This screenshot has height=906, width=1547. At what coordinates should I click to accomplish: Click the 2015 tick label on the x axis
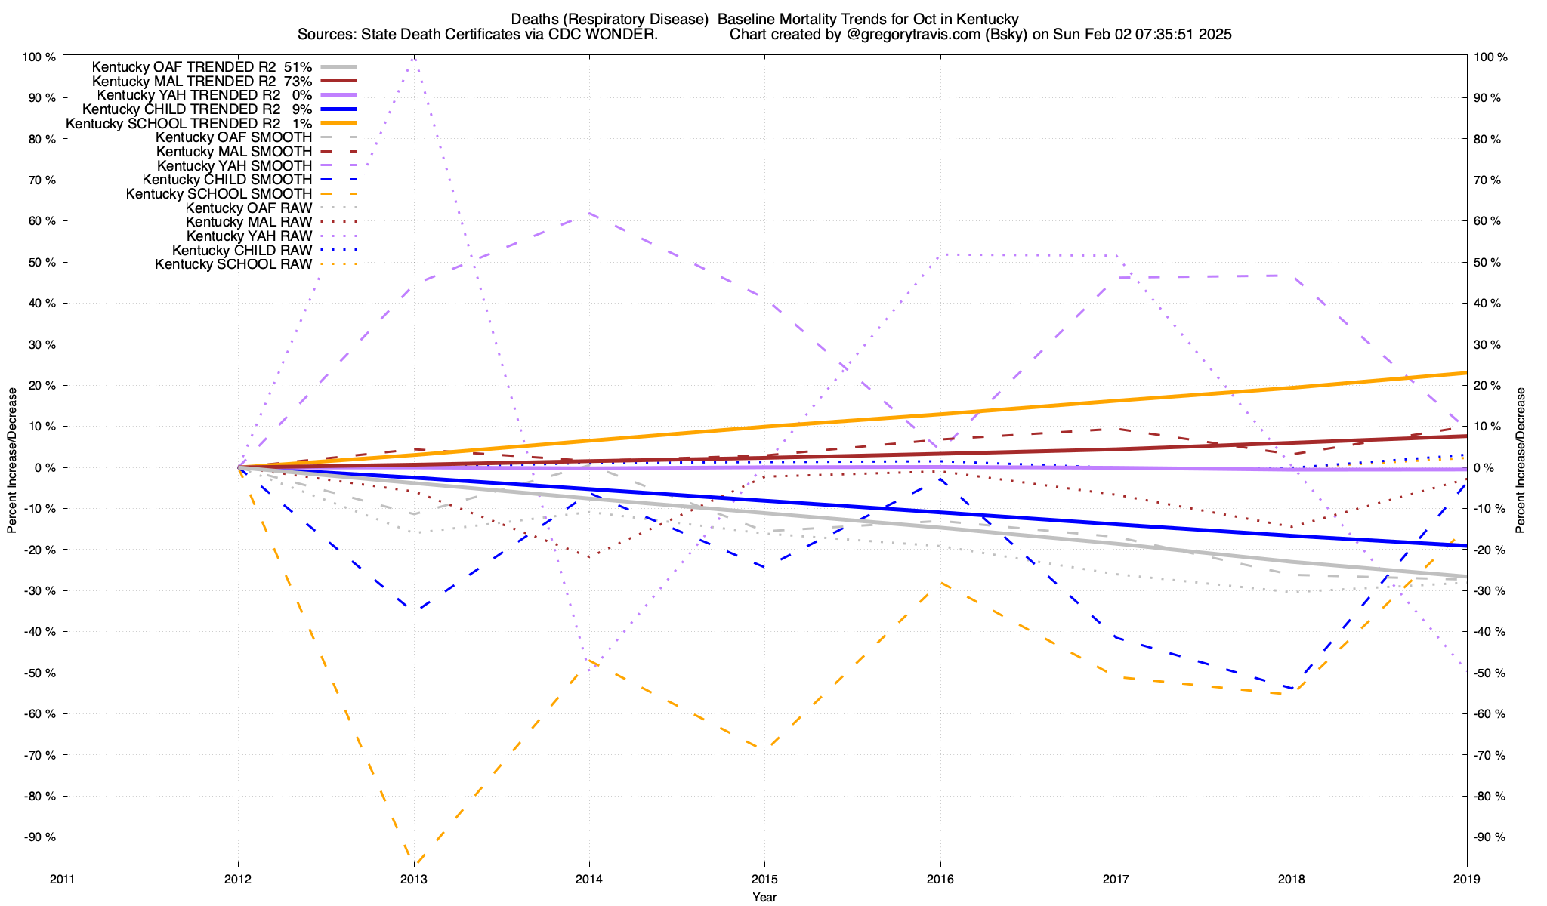point(764,880)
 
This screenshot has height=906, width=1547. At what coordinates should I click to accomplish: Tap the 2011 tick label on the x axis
point(63,880)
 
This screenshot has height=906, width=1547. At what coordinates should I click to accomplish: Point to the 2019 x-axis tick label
point(1466,880)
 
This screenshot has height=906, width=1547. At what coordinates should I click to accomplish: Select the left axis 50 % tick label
point(39,263)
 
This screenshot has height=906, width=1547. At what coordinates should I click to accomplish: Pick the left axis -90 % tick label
point(39,837)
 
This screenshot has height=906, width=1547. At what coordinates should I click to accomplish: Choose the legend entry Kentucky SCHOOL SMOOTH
point(218,194)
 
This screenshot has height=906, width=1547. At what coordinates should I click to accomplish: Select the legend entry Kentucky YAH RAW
point(249,236)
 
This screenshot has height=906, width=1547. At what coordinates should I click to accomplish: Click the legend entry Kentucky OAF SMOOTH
point(233,137)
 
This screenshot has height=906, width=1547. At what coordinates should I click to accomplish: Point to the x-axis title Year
point(764,897)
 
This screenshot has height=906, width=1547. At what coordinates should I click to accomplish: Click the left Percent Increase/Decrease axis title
point(12,461)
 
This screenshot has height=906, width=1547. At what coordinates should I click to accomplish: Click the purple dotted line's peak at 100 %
point(414,57)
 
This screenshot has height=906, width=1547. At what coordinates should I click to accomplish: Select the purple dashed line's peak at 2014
point(589,214)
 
